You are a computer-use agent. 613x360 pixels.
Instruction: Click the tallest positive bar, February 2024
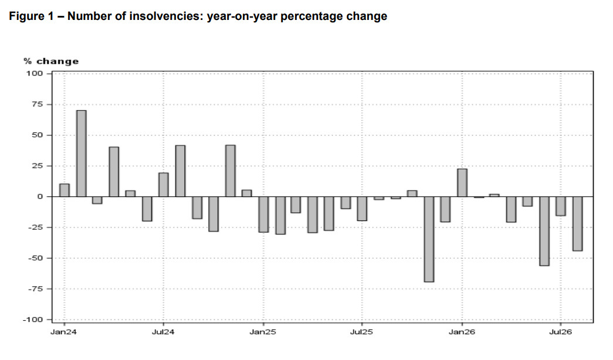tap(82, 154)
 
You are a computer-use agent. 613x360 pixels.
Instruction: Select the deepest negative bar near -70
tap(429, 239)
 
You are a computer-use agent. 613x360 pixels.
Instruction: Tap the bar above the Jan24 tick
tap(65, 191)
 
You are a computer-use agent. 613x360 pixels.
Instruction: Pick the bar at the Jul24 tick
tap(164, 185)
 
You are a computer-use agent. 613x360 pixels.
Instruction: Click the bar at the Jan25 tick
tap(263, 215)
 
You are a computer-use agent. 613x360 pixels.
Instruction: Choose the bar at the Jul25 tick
tap(362, 209)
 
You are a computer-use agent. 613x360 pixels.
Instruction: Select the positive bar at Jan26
tap(462, 183)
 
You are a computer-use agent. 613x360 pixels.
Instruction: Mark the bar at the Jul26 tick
tap(561, 206)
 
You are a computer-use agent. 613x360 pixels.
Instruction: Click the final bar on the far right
tap(577, 223)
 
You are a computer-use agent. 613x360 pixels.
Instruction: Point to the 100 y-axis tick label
tap(35, 73)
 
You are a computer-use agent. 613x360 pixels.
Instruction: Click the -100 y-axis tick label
tap(33, 320)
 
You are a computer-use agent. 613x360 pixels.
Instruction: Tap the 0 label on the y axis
tap(40, 196)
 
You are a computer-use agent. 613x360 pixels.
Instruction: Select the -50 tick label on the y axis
tap(35, 259)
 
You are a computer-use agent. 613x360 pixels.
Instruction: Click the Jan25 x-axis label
tap(263, 332)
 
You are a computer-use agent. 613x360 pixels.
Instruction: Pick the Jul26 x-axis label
tap(560, 332)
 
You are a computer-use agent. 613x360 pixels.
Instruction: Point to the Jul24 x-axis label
tap(163, 332)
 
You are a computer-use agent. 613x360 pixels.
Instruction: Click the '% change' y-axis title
tap(51, 62)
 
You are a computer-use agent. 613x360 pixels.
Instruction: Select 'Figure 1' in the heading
tap(31, 16)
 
